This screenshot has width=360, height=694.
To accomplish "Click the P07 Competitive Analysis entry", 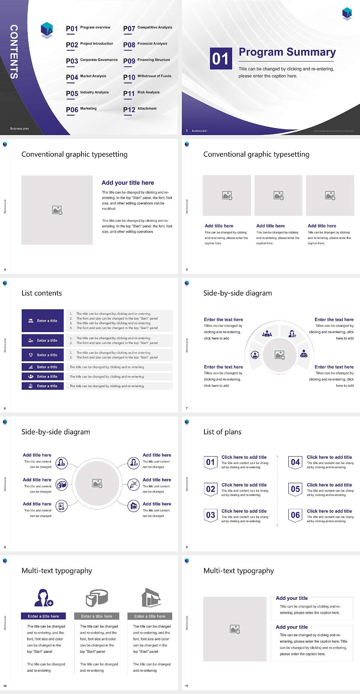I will [x=148, y=28].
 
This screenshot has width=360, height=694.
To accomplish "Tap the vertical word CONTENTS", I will [x=14, y=52].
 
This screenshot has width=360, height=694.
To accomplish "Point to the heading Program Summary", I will [x=287, y=52].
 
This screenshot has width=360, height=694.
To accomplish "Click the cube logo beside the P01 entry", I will [x=47, y=30].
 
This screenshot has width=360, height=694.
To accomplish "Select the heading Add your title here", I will [x=127, y=183].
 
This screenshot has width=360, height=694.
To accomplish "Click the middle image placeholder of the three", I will [x=278, y=195].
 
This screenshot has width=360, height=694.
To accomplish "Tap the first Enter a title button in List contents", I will [x=43, y=321].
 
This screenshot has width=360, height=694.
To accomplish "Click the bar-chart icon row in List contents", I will [x=43, y=367].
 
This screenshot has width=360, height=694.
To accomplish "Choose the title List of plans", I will [x=222, y=432].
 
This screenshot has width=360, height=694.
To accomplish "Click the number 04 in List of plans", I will [x=295, y=463].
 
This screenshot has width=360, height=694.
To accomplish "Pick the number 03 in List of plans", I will [x=211, y=515].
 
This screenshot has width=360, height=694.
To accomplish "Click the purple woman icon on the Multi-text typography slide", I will [x=43, y=598].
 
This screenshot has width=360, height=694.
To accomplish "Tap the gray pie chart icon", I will [x=97, y=598].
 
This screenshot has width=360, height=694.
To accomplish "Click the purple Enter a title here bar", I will [x=43, y=616].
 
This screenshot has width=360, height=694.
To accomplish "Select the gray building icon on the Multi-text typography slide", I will [x=151, y=598].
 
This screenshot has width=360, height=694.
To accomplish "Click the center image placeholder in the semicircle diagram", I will [x=280, y=355].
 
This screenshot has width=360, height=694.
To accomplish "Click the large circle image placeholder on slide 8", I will [x=97, y=484].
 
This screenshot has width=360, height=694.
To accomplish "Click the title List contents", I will [x=42, y=293].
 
